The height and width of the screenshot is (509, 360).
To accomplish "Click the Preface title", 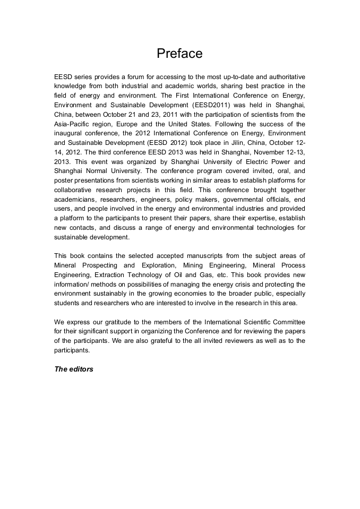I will [x=179, y=54].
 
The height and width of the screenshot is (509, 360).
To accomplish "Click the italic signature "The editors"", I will [x=74, y=369].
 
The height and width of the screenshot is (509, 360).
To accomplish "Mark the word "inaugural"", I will [x=70, y=133].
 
